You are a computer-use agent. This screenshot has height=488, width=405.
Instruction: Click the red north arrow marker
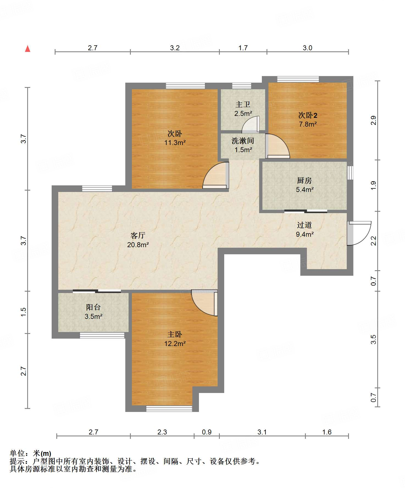[27, 49]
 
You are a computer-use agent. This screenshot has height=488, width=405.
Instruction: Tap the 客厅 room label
[138, 235]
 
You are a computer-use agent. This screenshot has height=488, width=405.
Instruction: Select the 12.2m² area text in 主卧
[175, 343]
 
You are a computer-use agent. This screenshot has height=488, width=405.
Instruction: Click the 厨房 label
[304, 180]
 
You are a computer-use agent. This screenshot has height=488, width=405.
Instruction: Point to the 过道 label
[304, 225]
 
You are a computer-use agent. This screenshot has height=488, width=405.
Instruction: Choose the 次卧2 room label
[308, 115]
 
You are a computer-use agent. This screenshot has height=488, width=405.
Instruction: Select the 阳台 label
[93, 307]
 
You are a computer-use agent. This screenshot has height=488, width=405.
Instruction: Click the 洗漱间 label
[243, 141]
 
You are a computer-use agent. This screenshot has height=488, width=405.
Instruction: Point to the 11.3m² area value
[175, 143]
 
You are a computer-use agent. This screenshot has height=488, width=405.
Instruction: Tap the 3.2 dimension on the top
[175, 48]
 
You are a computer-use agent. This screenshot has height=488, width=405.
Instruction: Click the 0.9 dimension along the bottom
[207, 432]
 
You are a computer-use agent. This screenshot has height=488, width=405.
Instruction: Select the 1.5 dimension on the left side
[24, 312]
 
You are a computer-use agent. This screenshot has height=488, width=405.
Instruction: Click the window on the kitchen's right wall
[350, 173]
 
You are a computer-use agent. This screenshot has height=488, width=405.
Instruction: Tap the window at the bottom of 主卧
[169, 409]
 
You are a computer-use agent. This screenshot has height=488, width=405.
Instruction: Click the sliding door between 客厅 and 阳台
[97, 291]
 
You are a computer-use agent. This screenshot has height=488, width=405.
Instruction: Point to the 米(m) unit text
[42, 453]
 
